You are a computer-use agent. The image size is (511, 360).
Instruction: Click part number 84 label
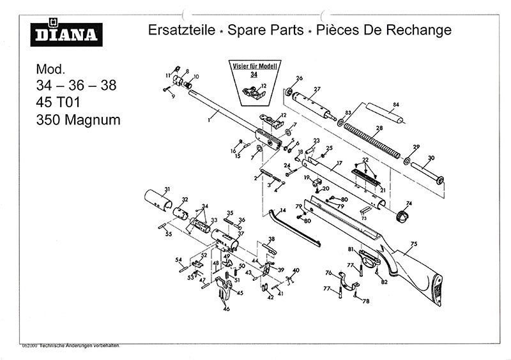[x=396, y=104]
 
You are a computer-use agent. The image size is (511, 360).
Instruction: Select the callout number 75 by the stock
[x=413, y=244]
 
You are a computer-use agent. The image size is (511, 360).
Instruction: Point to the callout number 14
[x=282, y=210]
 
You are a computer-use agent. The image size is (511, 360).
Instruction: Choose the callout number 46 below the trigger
[x=225, y=310]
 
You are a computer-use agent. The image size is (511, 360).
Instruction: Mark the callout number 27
[x=317, y=88]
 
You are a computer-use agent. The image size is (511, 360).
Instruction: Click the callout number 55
[x=169, y=235]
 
